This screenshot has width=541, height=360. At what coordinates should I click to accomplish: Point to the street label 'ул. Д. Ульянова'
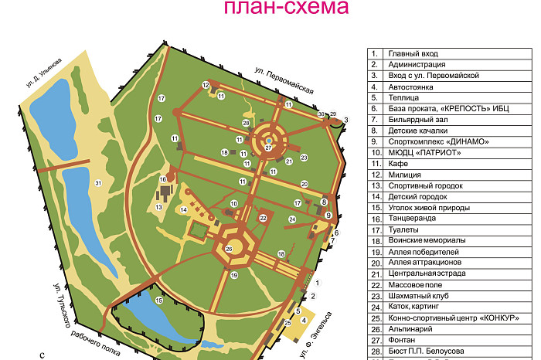pyautogui.click(x=44, y=72)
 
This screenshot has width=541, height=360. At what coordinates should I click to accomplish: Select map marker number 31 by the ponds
pyautogui.click(x=97, y=182)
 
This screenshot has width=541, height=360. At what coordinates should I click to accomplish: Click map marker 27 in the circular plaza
pyautogui.click(x=268, y=148)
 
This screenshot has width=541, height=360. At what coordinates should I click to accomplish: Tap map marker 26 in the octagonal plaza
pyautogui.click(x=229, y=249)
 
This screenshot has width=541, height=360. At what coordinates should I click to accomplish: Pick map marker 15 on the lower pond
pyautogui.click(x=158, y=300)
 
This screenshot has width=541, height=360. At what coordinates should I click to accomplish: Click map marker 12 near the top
pyautogui.click(x=206, y=85)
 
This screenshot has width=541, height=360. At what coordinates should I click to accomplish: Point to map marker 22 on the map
pyautogui.click(x=263, y=218)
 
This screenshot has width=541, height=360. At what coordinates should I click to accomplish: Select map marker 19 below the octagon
pyautogui.click(x=234, y=275)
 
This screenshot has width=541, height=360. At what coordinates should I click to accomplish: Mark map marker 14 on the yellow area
pyautogui.click(x=184, y=210)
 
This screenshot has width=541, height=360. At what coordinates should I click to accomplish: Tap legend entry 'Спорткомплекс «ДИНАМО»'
pyautogui.click(x=439, y=141)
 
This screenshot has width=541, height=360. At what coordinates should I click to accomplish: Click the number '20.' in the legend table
pyautogui.click(x=375, y=263)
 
